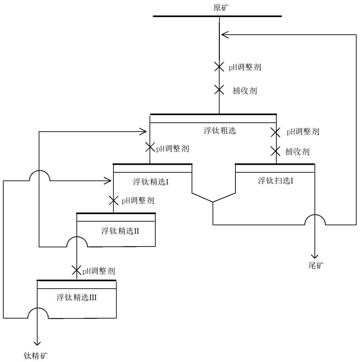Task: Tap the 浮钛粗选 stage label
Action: tap(220, 131)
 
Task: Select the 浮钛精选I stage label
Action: tap(152, 182)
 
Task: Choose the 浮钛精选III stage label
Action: tap(78, 298)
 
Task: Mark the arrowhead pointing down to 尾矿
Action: tap(316, 254)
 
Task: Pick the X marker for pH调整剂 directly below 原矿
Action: tap(219, 67)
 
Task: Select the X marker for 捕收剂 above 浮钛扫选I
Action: tap(276, 151)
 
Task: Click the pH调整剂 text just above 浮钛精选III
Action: tap(99, 270)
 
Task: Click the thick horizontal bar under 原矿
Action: tap(217, 16)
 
